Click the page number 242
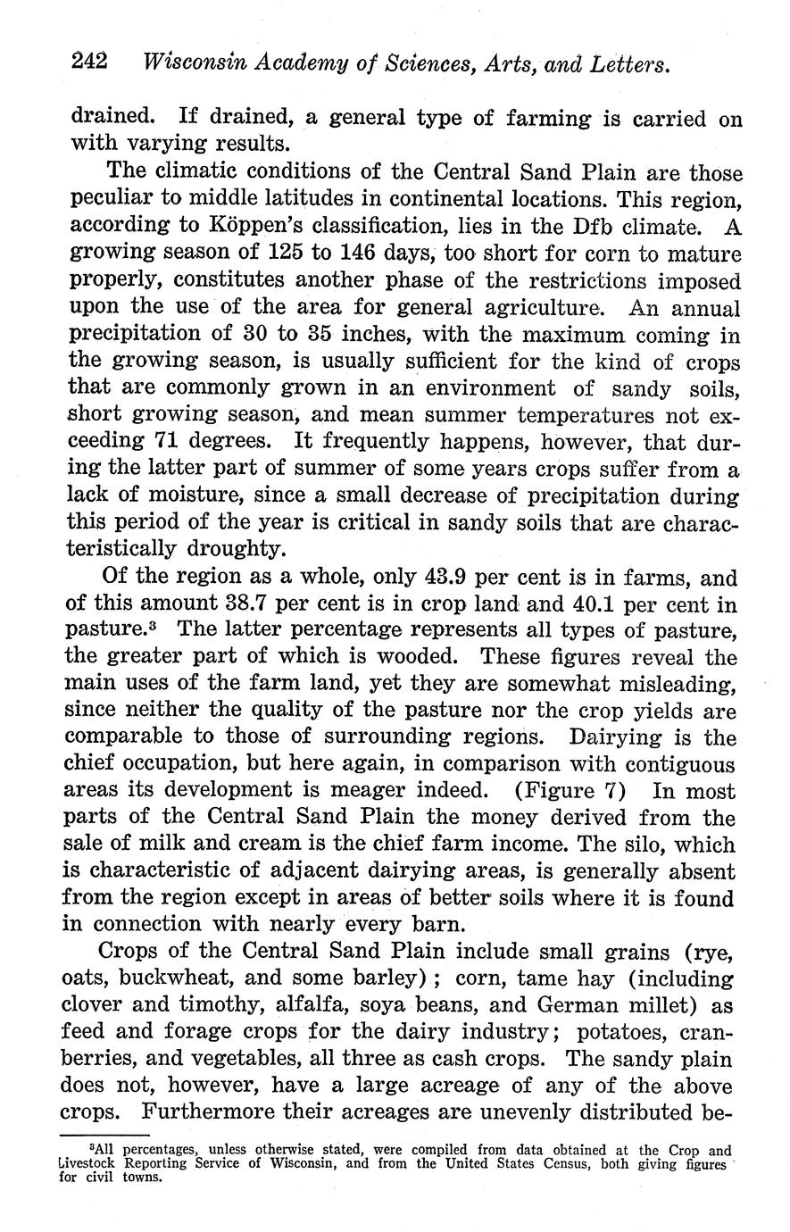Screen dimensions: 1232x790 (89, 62)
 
